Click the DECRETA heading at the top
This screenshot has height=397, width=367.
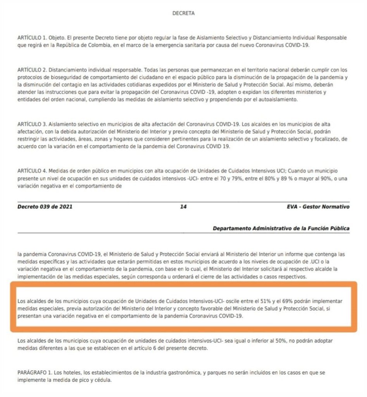coord(183,13)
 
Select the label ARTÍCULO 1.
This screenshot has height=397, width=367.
coord(32,38)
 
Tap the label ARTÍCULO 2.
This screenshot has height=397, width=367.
coord(32,70)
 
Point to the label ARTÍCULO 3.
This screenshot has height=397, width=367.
coord(32,124)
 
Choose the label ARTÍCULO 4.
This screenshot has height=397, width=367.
coord(32,171)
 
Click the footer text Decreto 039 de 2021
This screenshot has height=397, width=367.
coord(45,207)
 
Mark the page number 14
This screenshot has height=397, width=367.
coord(183,207)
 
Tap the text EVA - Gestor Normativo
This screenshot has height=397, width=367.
coord(315,207)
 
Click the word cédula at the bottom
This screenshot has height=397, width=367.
coord(101,380)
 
